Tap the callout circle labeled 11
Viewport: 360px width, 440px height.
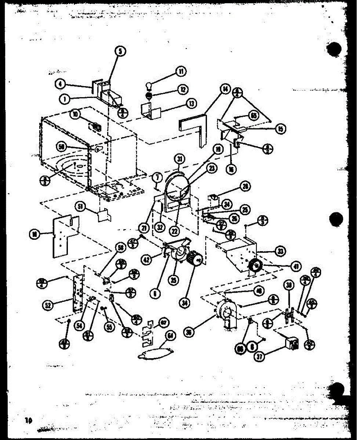coord(180,71)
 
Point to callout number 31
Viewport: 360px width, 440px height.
coord(179,159)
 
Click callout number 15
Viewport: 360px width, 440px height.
coord(281,129)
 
